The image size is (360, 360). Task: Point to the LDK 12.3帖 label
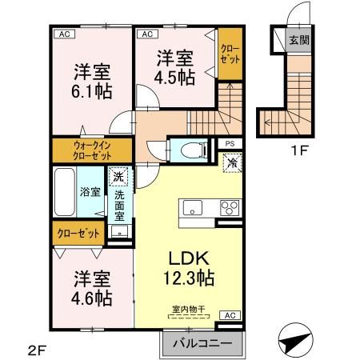coord(190,268)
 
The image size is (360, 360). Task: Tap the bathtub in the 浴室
coord(66,192)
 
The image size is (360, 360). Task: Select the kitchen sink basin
coord(194,208)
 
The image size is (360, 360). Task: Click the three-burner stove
coord(230,208)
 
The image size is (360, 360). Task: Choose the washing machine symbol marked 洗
coord(118,178)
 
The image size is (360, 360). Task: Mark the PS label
coord(230,144)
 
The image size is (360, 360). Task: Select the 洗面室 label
coord(118,206)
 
